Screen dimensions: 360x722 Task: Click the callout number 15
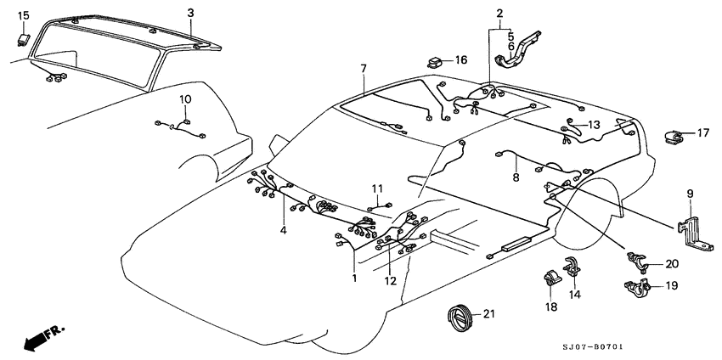click(x=23, y=15)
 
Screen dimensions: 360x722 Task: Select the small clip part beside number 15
click(x=25, y=37)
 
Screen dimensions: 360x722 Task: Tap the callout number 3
click(x=190, y=13)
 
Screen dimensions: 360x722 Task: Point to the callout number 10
click(x=184, y=100)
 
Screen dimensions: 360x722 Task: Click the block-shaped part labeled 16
click(x=436, y=61)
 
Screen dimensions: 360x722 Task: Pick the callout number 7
click(x=363, y=68)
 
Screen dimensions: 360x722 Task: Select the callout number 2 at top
click(x=499, y=13)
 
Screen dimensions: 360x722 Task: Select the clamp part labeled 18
click(x=550, y=279)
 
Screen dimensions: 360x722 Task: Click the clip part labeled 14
click(x=574, y=267)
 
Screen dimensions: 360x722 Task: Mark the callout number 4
click(x=284, y=230)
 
